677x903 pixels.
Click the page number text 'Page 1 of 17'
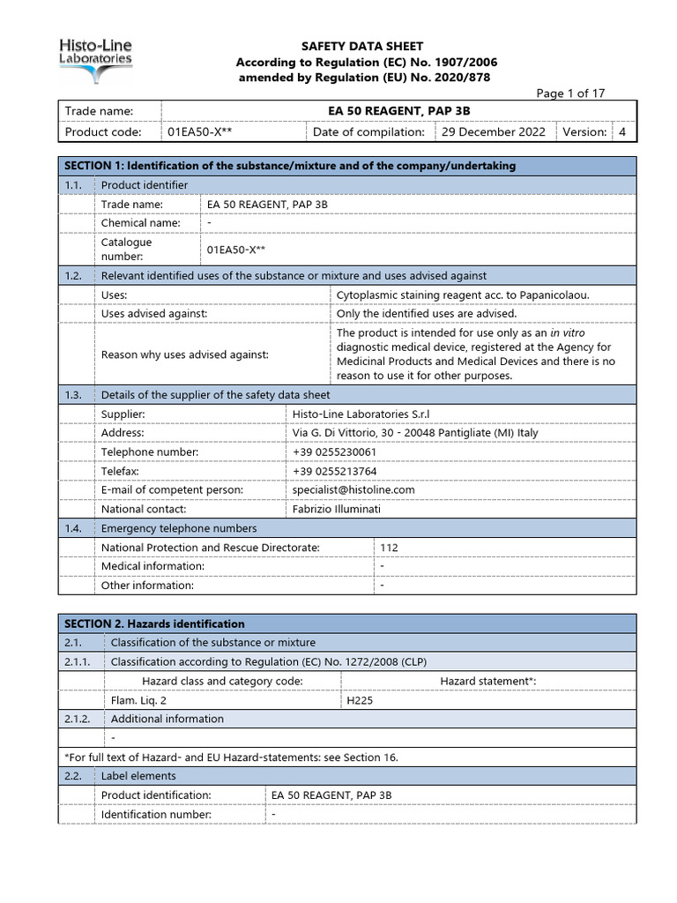tap(571, 94)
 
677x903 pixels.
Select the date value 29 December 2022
tap(493, 132)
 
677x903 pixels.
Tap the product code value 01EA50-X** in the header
tap(199, 132)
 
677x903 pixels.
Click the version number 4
tap(622, 132)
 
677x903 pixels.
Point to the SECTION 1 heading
tap(290, 166)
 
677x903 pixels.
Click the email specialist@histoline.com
tap(353, 489)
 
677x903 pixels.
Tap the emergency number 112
tap(389, 548)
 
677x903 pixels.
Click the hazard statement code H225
tap(360, 700)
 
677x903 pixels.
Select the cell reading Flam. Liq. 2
tap(138, 700)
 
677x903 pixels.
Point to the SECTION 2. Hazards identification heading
tap(155, 623)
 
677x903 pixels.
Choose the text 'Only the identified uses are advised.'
tap(427, 313)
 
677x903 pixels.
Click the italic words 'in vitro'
tap(568, 333)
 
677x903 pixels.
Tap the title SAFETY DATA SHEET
tap(362, 46)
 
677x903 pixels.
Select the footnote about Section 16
tap(237, 757)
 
